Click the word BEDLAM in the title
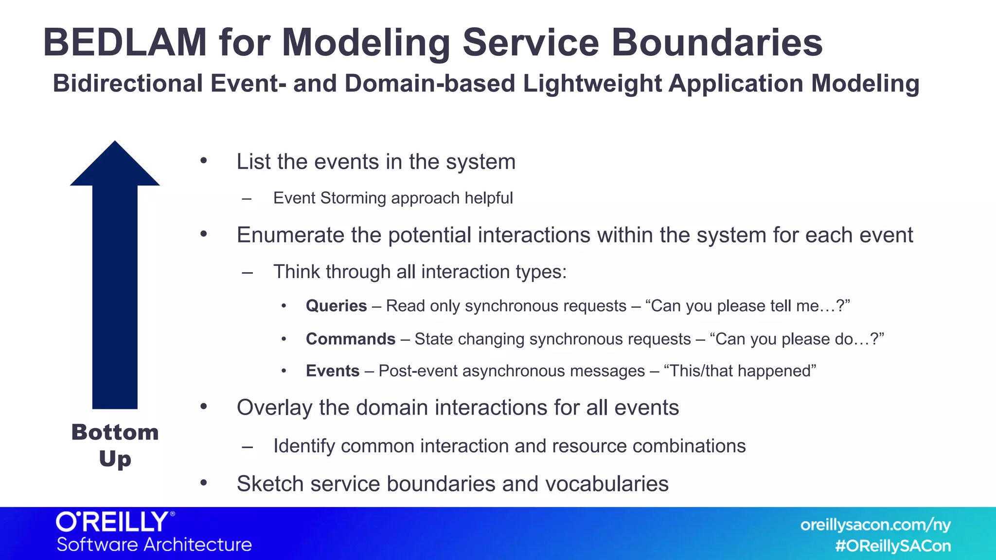click(x=125, y=43)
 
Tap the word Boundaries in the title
click(x=716, y=43)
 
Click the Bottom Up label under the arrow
click(x=115, y=445)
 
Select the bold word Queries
click(x=336, y=306)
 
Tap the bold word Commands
click(x=350, y=339)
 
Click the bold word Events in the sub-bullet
click(x=332, y=371)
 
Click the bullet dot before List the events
click(x=204, y=161)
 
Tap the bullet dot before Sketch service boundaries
click(x=204, y=483)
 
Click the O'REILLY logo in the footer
click(x=115, y=522)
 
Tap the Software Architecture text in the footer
click(x=154, y=544)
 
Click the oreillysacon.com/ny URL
click(x=875, y=525)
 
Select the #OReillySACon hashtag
click(x=892, y=546)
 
